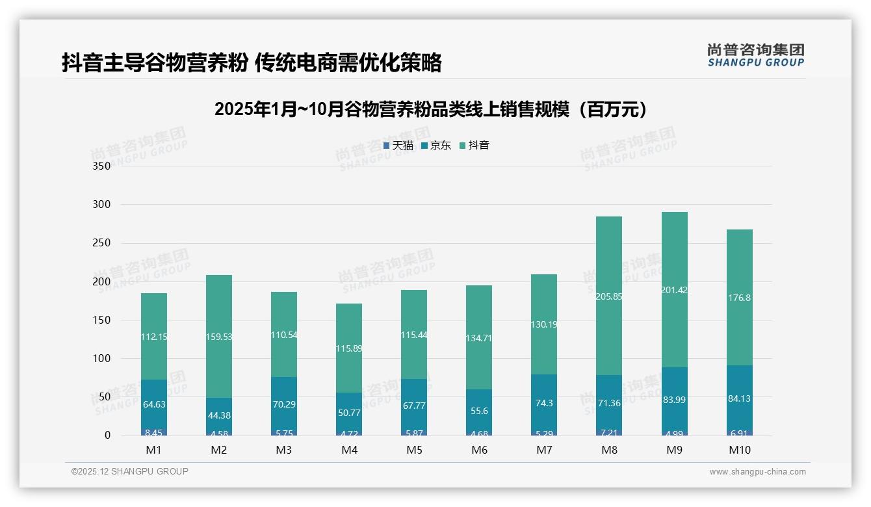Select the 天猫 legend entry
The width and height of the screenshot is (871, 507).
[x=398, y=146]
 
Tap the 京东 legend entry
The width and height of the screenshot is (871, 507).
[x=435, y=146]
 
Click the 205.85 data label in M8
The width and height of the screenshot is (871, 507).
[x=609, y=296]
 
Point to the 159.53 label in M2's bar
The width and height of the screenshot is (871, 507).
[x=219, y=337]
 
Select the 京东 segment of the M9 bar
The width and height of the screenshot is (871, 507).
[x=674, y=399]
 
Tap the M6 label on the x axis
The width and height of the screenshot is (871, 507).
[x=479, y=450]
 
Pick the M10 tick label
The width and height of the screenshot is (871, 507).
[x=739, y=450]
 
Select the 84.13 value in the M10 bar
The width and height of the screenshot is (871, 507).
[x=739, y=398]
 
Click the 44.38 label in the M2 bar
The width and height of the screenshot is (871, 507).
[x=219, y=415]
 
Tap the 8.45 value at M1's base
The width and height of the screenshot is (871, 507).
[x=154, y=432]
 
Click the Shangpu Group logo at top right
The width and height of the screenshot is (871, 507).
[x=755, y=55]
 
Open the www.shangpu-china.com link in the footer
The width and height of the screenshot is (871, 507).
[x=757, y=472]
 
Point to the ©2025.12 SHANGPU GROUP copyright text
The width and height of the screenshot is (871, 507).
[x=130, y=471]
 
